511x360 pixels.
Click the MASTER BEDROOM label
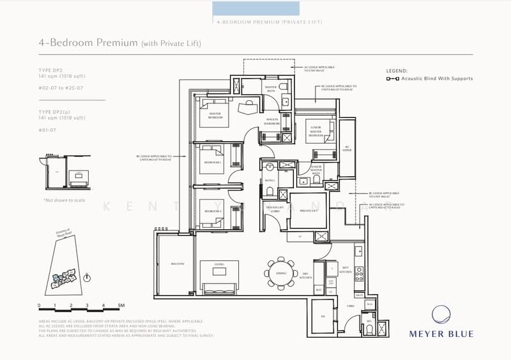coord(215,115)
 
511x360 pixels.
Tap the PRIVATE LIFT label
coord(309,210)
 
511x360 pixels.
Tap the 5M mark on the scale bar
coord(121,306)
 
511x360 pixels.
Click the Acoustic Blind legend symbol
coord(393,79)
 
